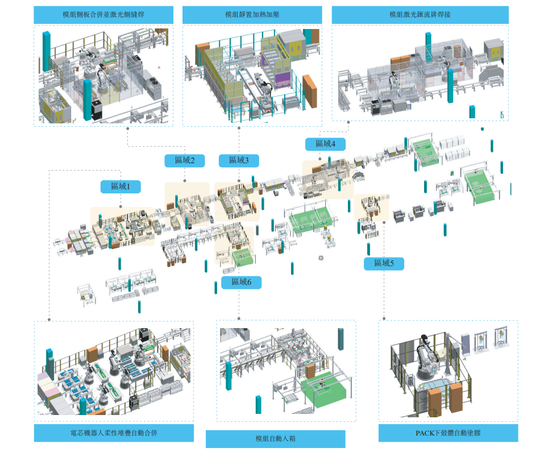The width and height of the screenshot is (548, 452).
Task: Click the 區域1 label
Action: pyautogui.click(x=121, y=186)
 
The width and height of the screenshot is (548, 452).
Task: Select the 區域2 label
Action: pyautogui.click(x=184, y=161)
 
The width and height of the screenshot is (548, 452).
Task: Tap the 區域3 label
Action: pyautogui.click(x=239, y=161)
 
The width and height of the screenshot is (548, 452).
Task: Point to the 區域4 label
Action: pyautogui.click(x=325, y=144)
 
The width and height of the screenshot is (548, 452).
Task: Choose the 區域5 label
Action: pyautogui.click(x=384, y=263)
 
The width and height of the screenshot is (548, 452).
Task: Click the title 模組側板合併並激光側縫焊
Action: pyautogui.click(x=103, y=14)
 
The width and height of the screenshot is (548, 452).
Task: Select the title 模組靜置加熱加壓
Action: pyautogui.click(x=252, y=14)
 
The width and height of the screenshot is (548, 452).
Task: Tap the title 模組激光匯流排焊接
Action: pyautogui.click(x=420, y=14)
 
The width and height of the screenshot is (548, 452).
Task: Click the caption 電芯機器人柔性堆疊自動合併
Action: pyautogui.click(x=114, y=433)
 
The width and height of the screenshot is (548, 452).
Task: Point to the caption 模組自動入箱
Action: pyautogui.click(x=275, y=439)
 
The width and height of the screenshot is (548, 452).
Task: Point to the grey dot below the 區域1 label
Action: pyautogui.click(x=121, y=206)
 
